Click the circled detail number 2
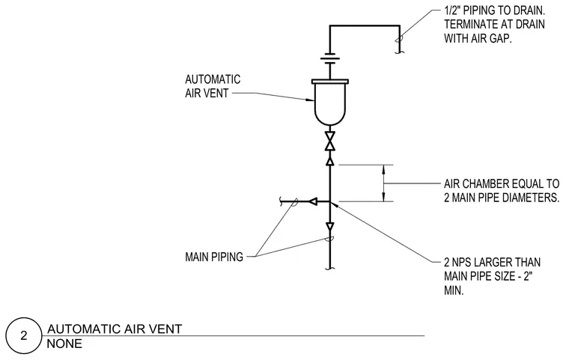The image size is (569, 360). [24, 336]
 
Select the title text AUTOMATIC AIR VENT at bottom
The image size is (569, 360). [115, 329]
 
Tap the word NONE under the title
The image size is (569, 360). [64, 344]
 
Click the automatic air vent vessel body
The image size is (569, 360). [330, 105]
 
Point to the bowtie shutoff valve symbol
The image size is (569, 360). [330, 141]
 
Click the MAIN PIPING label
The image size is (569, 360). [214, 257]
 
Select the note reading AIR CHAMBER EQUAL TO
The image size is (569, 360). [502, 183]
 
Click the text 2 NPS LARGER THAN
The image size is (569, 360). [493, 262]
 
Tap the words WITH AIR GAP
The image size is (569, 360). [478, 38]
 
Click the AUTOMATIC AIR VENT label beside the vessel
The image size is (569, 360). [213, 86]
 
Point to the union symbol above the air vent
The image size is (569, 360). [330, 60]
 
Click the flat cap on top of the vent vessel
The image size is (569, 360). [330, 82]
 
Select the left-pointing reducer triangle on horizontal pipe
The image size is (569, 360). [313, 201]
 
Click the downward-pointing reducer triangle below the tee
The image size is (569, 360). [330, 228]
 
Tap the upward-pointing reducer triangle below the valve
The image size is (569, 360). [330, 161]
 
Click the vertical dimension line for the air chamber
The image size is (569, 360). [384, 183]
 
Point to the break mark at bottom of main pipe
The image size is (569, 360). [330, 269]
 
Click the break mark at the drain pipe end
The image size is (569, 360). [399, 52]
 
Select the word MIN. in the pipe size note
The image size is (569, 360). [454, 290]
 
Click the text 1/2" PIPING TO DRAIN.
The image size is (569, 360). [495, 10]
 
